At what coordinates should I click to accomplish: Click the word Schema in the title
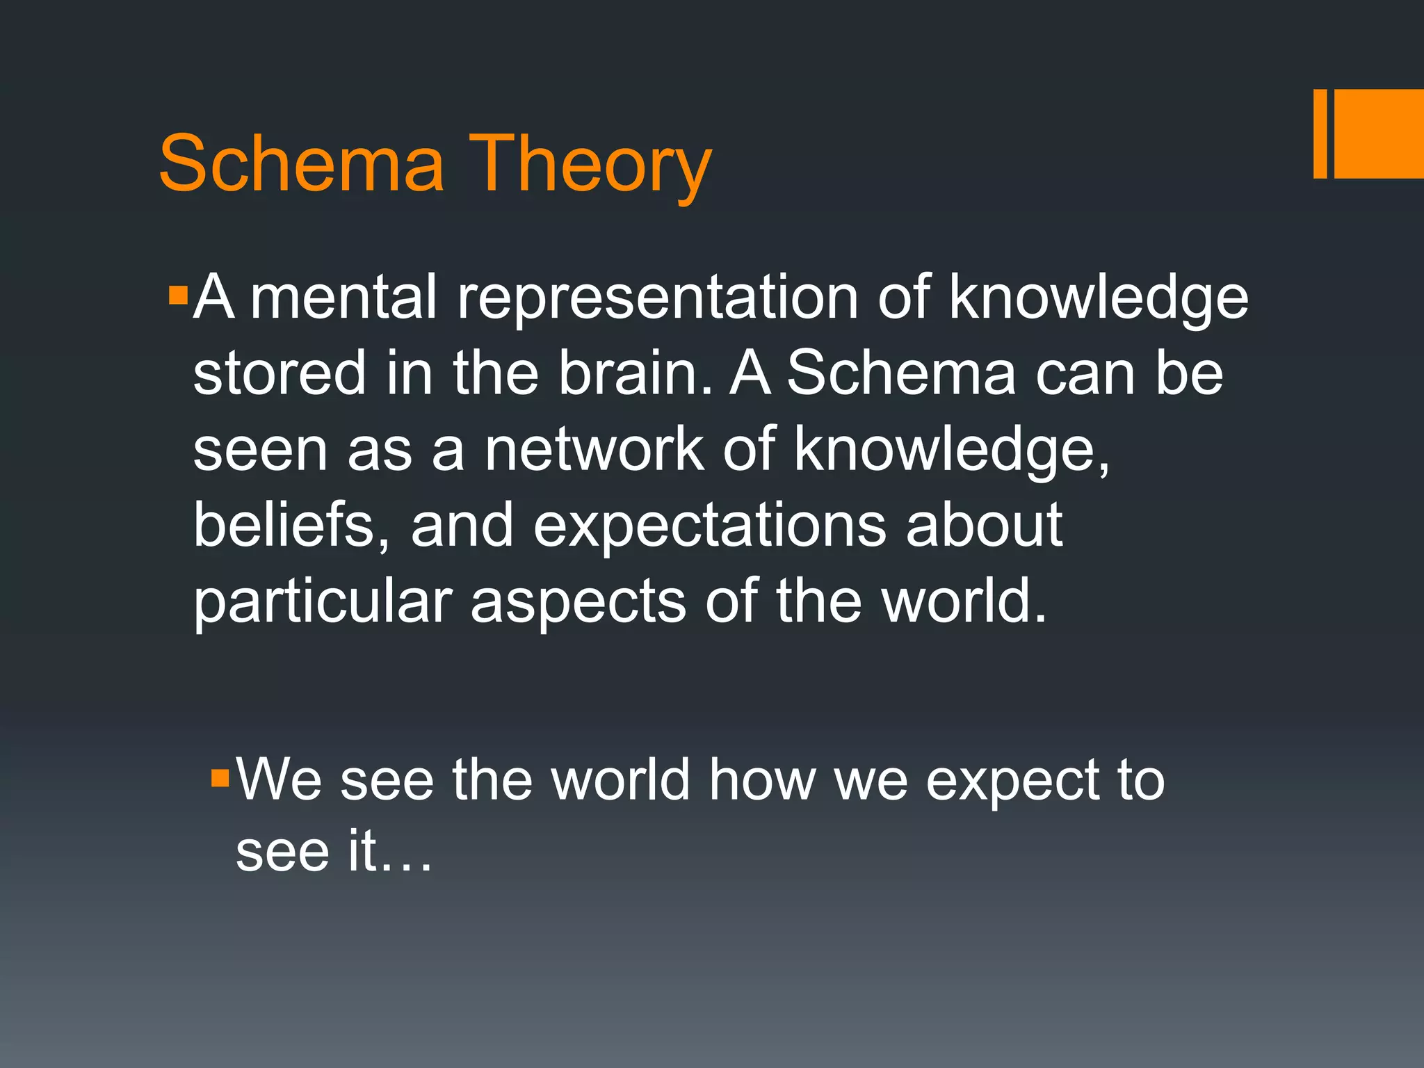(301, 164)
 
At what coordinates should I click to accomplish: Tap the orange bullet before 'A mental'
(178, 296)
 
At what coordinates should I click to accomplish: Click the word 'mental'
(343, 298)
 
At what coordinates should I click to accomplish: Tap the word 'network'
(594, 450)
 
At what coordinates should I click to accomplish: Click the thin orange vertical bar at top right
(1320, 133)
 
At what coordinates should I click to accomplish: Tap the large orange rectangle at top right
(1379, 133)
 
